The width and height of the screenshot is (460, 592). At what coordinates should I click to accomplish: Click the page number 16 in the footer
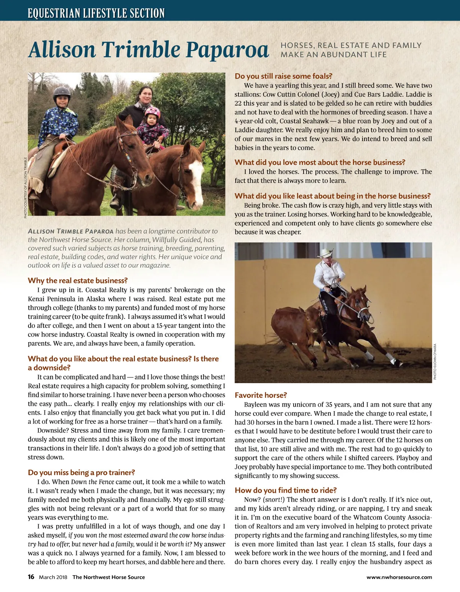point(31,577)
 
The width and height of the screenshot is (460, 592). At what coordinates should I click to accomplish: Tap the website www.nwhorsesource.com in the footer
point(399,577)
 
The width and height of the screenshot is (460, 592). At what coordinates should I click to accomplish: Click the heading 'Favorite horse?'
point(261,395)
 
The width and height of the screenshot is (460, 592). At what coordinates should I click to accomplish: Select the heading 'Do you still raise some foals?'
point(283,76)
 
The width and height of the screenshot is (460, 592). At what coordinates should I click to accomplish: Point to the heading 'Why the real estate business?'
point(77,280)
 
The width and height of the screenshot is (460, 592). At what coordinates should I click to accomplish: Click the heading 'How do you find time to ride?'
point(286,490)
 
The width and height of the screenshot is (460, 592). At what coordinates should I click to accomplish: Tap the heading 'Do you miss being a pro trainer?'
point(81,472)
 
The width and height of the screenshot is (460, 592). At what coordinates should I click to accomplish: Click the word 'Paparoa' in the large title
point(227,50)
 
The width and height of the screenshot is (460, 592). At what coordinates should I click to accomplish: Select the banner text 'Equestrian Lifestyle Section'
point(96,13)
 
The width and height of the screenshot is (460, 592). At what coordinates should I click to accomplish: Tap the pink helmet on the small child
point(152,112)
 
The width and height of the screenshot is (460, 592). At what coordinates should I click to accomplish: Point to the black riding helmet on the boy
point(62,92)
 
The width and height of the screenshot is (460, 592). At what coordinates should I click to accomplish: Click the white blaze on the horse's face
point(196,178)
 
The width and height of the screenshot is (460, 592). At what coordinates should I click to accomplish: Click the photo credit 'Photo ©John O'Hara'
point(435,361)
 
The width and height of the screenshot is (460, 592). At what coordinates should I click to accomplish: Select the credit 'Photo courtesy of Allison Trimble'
point(25,187)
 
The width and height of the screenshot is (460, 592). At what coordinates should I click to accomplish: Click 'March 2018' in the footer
point(53,577)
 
